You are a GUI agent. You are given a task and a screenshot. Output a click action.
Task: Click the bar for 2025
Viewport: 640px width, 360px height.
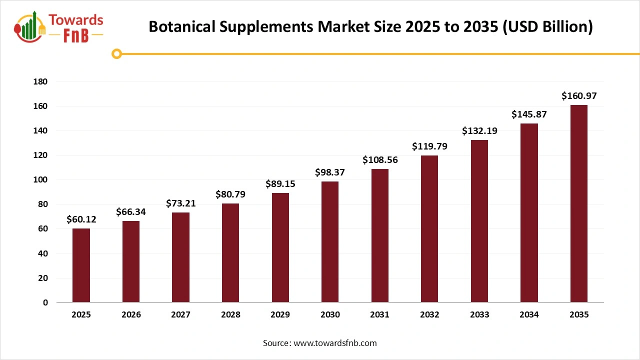[81, 265]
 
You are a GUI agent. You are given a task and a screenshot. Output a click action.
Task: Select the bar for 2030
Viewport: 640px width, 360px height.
[330, 242]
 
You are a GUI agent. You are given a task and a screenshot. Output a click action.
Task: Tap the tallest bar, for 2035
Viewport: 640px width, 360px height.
[578, 203]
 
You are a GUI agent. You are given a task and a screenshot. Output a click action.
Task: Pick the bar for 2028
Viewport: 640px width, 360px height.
[230, 252]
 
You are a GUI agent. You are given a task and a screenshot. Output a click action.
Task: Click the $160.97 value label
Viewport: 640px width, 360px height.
[578, 95]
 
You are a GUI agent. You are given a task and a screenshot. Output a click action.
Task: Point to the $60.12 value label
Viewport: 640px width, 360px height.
[81, 219]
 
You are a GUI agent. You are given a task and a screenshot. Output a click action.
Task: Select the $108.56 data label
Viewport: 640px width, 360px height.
[379, 160]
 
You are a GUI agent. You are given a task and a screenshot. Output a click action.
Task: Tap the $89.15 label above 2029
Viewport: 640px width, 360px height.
[280, 184]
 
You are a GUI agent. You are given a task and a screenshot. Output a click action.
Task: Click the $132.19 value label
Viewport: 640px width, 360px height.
[479, 131]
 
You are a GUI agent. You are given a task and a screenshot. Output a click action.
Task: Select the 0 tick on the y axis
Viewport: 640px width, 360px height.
[45, 302]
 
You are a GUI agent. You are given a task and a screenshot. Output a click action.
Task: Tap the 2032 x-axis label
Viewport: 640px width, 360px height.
[429, 315]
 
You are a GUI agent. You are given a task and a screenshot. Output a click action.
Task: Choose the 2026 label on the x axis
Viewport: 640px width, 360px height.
[131, 315]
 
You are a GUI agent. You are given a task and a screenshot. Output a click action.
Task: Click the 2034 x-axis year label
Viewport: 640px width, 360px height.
[529, 315]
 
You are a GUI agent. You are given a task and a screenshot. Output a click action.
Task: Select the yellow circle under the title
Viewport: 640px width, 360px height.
[116, 53]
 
